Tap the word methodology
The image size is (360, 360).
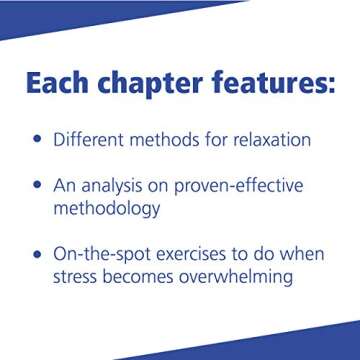tap(106, 209)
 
